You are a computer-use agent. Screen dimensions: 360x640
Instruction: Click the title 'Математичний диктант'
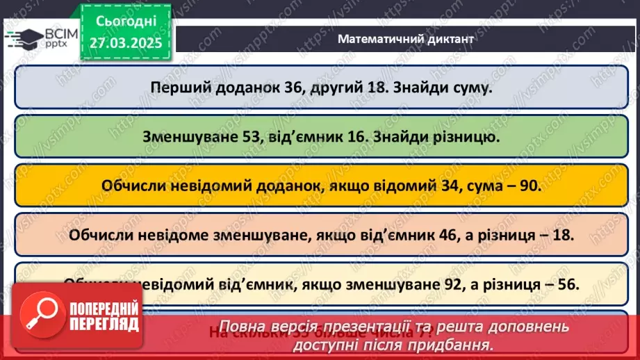coord(405,39)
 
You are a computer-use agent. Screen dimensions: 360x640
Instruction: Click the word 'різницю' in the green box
coord(469,137)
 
